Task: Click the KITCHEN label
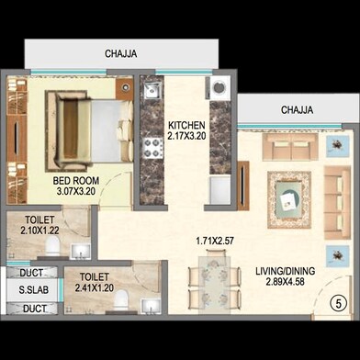point(186,125)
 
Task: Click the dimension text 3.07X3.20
point(75,193)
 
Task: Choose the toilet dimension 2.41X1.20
point(95,287)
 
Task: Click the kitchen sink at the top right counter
point(220,90)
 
